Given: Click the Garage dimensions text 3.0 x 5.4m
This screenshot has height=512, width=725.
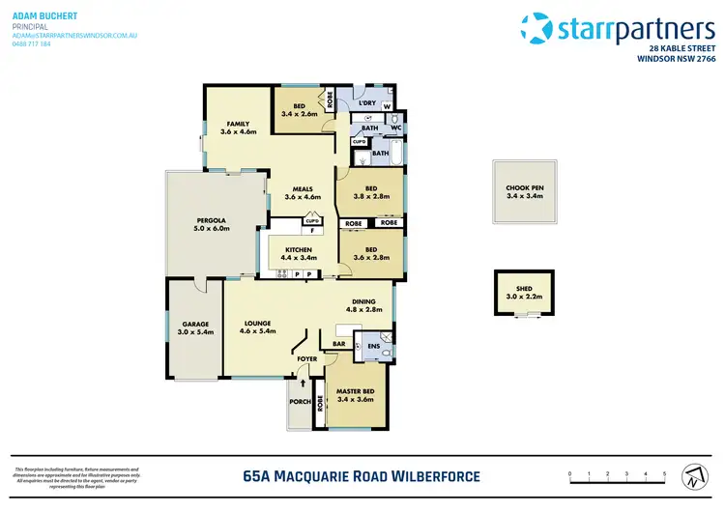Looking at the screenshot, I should click(x=196, y=331).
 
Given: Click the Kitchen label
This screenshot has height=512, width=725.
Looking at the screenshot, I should click(x=298, y=250).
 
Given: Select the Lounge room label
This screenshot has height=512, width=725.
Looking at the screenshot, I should click(x=257, y=323).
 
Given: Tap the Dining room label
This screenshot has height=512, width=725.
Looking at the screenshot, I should click(x=364, y=300).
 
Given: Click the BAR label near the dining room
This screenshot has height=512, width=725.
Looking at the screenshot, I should click(x=339, y=342).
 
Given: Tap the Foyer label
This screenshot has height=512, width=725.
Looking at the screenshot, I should click(x=306, y=358).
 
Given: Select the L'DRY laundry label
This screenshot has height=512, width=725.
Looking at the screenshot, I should click(x=367, y=103).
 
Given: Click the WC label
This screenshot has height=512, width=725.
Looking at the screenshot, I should click(x=396, y=127).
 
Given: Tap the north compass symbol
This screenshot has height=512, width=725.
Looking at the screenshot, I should click(x=692, y=475).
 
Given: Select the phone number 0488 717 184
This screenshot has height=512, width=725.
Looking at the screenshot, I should click(x=31, y=43).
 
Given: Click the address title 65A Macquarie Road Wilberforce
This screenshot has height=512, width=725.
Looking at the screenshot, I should click(x=360, y=475).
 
